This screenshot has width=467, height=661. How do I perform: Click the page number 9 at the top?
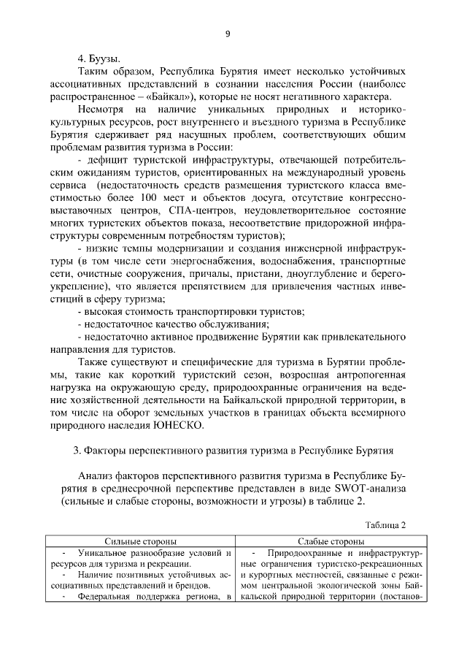click(228, 33)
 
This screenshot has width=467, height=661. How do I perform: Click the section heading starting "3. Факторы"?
click(234, 450)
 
